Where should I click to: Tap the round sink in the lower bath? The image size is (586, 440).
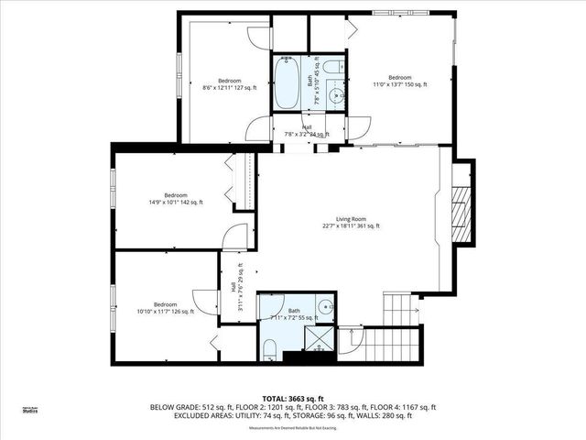pyautogui.click(x=327, y=307)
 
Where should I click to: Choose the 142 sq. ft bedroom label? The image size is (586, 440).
pyautogui.click(x=175, y=199)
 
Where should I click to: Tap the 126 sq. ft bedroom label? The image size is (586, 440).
pyautogui.click(x=165, y=308)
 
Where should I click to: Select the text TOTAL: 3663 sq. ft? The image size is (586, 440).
pyautogui.click(x=293, y=399)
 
